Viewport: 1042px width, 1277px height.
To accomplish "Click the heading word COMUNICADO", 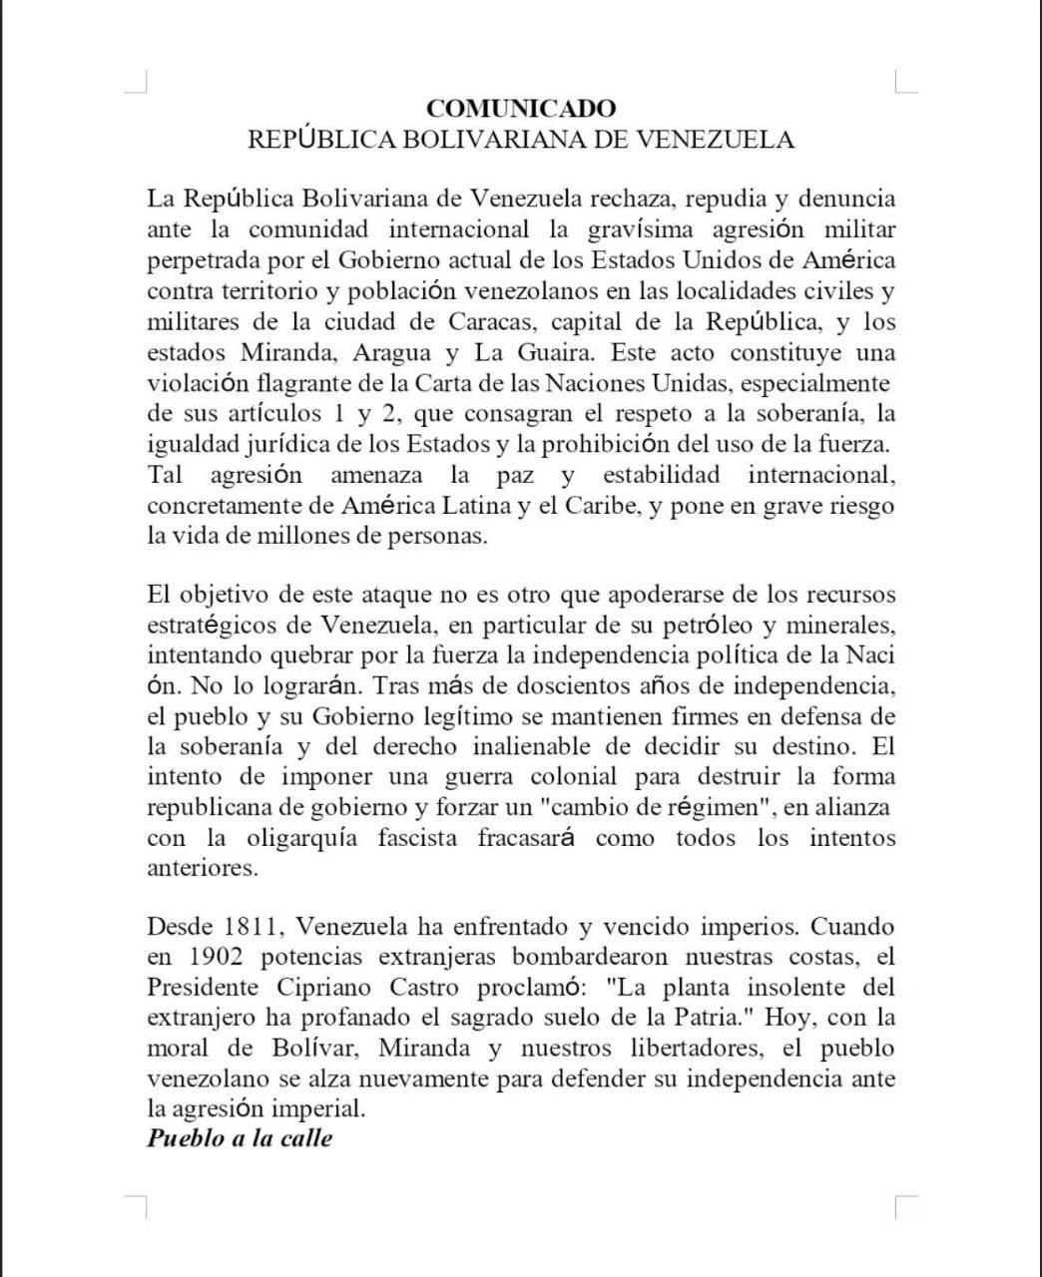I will coord(521,108).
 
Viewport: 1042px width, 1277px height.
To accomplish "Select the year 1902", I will coord(215,958).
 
